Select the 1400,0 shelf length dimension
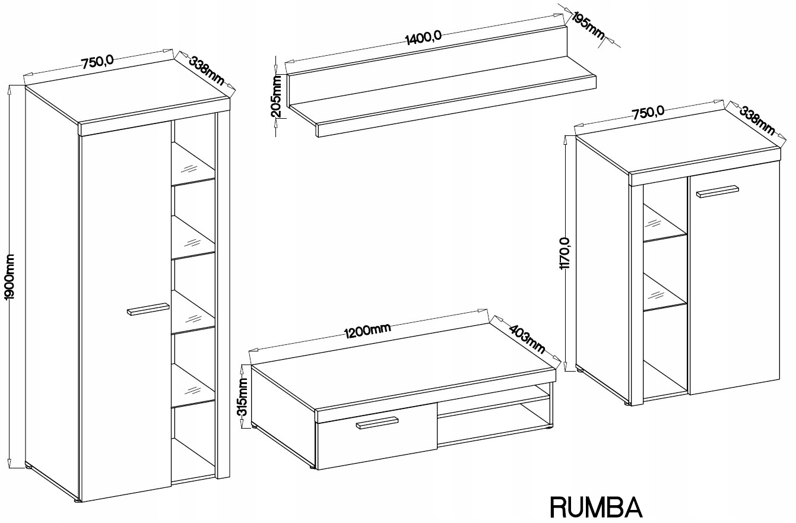423,38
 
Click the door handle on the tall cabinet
148,310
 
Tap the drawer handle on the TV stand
376,422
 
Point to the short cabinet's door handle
717,191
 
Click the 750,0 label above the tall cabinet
97,62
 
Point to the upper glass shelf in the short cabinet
665,229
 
